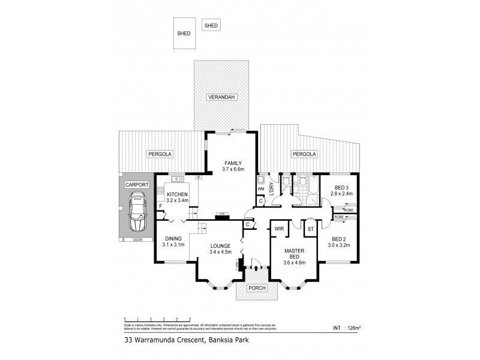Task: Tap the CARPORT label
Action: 137,185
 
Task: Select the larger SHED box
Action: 184,33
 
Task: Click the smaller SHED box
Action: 211,25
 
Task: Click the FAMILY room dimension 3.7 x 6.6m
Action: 233,170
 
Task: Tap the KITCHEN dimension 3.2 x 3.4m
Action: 178,202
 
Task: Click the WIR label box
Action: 279,229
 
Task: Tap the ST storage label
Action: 310,229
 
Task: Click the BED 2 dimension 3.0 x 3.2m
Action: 340,246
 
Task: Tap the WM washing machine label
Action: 261,189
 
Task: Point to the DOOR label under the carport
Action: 138,240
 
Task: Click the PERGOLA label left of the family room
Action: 160,154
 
